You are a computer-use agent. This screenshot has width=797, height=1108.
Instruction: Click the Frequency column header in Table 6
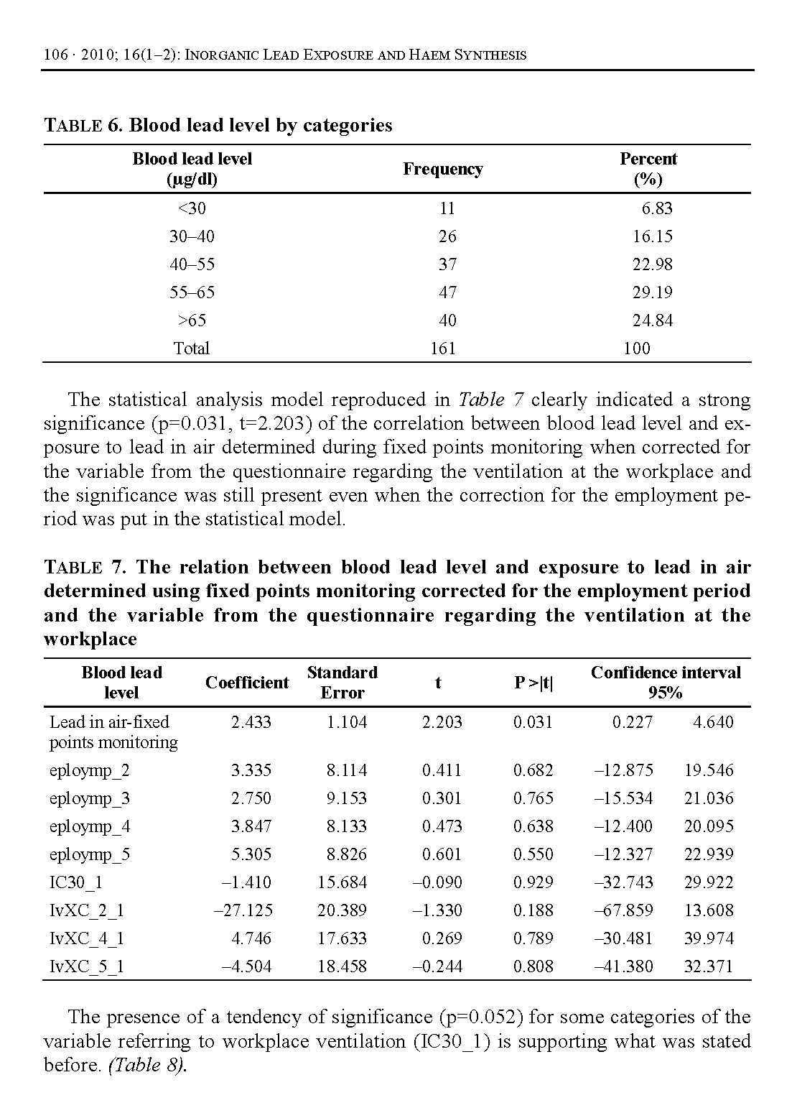[x=442, y=169]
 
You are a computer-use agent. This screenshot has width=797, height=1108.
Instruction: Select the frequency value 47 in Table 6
[x=447, y=292]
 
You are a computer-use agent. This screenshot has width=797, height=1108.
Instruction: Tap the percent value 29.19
[x=652, y=292]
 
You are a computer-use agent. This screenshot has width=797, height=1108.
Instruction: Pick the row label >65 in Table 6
[x=192, y=320]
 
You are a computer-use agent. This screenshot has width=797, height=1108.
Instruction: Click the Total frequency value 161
[x=443, y=348]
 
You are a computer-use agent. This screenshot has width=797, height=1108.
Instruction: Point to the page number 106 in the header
[x=55, y=55]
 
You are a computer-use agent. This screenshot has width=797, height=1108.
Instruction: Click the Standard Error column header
[x=342, y=683]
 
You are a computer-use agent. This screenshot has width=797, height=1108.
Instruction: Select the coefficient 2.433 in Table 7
[x=251, y=722]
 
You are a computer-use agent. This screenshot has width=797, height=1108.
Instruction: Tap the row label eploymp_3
[x=90, y=798]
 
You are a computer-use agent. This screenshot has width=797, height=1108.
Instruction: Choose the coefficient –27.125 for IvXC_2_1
[x=243, y=910]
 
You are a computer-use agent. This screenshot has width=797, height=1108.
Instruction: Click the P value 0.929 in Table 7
[x=533, y=882]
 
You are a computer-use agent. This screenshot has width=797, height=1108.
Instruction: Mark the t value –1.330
[x=437, y=910]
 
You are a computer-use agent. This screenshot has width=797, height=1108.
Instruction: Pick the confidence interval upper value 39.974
[x=709, y=938]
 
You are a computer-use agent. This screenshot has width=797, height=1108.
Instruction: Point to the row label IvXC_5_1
[x=87, y=966]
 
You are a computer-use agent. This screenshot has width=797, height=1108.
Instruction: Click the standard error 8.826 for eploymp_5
[x=346, y=854]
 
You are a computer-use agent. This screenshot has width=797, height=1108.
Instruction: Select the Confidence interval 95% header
[x=665, y=683]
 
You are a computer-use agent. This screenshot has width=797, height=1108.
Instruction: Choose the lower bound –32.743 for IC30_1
[x=623, y=882]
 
